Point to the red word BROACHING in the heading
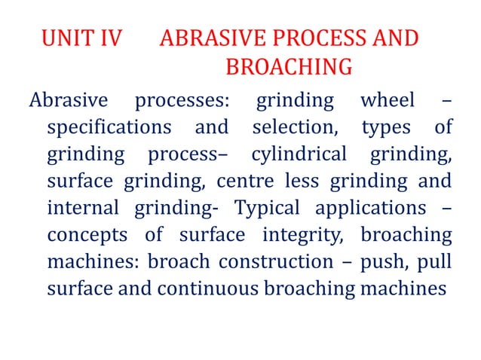tap(289, 68)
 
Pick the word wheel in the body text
tap(387, 99)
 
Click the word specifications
tap(110, 127)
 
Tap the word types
tap(386, 127)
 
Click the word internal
tap(84, 209)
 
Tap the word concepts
tap(88, 236)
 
